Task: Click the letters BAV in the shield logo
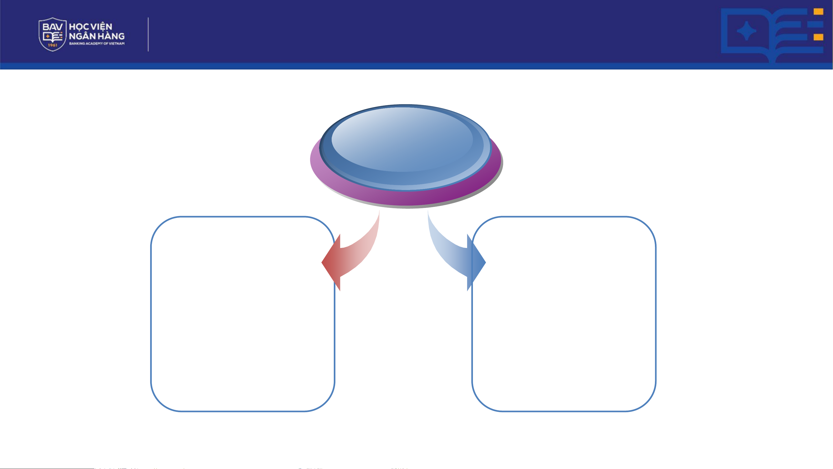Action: point(52,27)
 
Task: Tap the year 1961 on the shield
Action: point(52,45)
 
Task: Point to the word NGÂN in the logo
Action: point(82,36)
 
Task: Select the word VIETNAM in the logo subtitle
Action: point(117,43)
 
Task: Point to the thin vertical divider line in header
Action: point(148,34)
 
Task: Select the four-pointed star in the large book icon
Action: point(746,31)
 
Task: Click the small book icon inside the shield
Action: point(52,37)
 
